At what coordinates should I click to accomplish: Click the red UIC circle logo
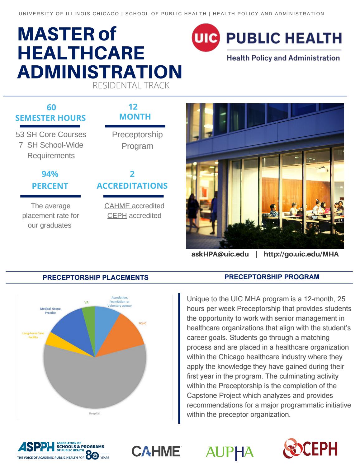coord(206,38)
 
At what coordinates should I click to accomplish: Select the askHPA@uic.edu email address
coord(220,254)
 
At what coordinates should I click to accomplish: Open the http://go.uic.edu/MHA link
coord(301,254)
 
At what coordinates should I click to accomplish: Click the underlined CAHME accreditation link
coord(117,206)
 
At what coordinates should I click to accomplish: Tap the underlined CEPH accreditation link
coord(117,215)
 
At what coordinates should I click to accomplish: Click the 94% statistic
coord(50,174)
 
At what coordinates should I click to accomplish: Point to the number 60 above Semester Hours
coord(51,107)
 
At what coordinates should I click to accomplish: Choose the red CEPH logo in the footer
coord(310,449)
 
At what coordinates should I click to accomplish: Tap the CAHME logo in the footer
coord(156,451)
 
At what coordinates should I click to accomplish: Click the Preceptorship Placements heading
coord(95,277)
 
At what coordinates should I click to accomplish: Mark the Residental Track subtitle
coord(131,85)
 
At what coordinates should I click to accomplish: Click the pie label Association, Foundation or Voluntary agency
coord(120,302)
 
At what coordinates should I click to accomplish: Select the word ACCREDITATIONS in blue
coord(132,186)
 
